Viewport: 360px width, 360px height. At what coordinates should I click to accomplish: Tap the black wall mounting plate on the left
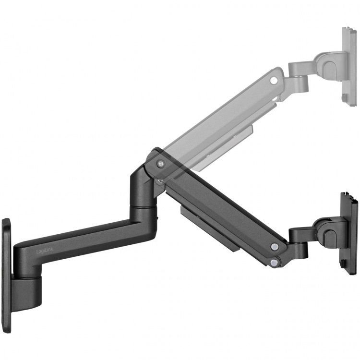pyautogui.click(x=6, y=264)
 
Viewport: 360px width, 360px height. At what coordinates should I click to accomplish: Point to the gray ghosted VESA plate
pyautogui.click(x=350, y=64)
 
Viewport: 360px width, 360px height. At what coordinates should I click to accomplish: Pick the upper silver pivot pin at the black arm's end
pyautogui.click(x=274, y=247)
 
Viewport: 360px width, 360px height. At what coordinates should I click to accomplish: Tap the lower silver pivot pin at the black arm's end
pyautogui.click(x=274, y=262)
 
